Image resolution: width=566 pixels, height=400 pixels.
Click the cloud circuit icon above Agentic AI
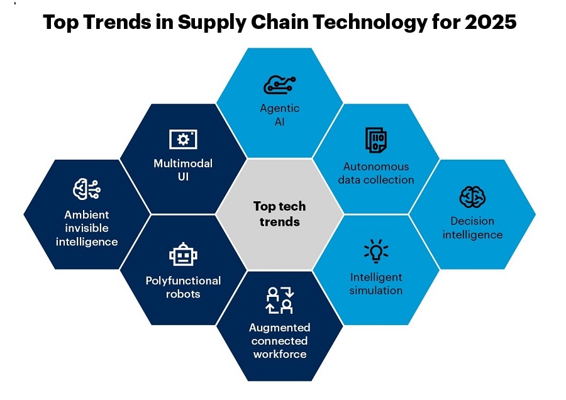coord(279,85)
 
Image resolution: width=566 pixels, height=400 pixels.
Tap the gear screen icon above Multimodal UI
coord(183,139)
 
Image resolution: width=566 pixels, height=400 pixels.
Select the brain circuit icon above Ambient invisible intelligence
coord(87,189)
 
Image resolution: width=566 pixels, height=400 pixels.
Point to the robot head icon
coord(183,254)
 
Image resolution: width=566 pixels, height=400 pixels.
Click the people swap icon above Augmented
coord(280,301)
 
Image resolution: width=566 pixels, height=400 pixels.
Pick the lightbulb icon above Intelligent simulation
coord(376,250)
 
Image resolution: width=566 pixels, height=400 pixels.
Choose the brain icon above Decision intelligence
coord(472,197)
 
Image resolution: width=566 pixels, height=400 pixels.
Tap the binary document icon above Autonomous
coord(376,140)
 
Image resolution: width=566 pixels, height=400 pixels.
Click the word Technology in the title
coord(370,23)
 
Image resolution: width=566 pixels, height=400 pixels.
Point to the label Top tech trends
coord(279,214)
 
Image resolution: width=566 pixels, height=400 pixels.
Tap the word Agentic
coord(280,108)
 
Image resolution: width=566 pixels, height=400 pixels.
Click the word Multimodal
coord(183,164)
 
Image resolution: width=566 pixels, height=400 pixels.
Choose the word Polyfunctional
coord(183,281)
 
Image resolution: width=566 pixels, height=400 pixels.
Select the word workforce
coord(280,354)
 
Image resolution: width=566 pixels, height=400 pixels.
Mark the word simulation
coord(376,291)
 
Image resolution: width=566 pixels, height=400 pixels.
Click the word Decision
coord(472,221)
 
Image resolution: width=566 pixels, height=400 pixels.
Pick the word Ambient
coord(87,215)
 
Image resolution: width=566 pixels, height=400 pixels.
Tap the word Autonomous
coord(376,167)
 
